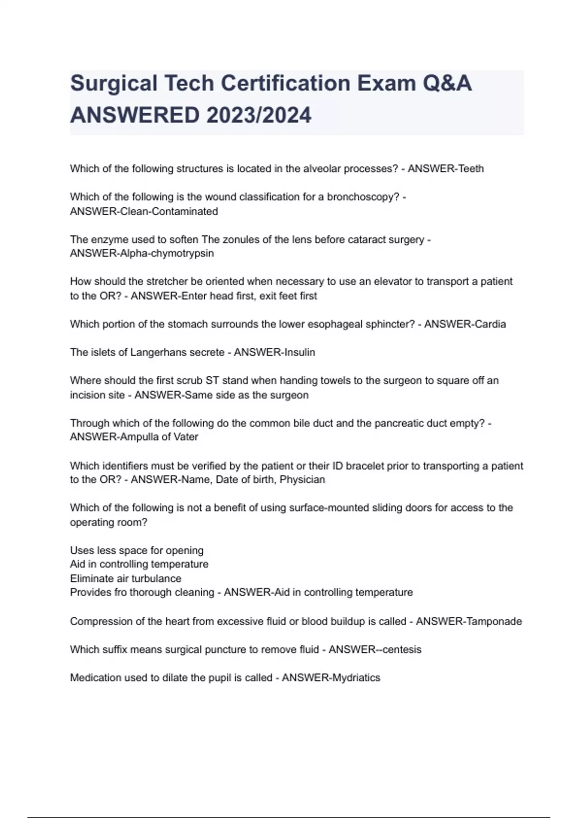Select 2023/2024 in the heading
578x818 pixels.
[259, 115]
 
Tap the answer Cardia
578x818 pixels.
[490, 324]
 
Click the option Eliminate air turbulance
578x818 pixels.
[126, 578]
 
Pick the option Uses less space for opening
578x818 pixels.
[137, 550]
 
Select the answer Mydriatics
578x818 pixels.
[355, 678]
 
